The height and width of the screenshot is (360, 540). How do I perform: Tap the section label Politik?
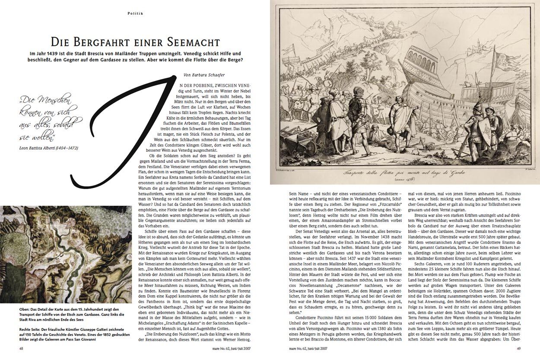[x=135, y=13]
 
